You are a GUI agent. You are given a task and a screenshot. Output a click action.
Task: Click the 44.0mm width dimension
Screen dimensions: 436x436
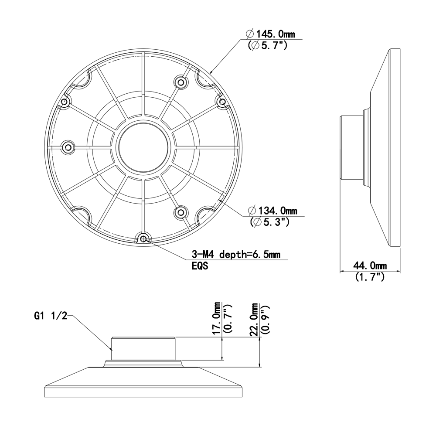tap(370, 266)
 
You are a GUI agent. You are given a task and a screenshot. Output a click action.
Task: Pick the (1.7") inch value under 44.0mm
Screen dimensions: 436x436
tap(370, 276)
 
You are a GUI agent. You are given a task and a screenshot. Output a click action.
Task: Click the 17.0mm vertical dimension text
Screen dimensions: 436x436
tap(216, 318)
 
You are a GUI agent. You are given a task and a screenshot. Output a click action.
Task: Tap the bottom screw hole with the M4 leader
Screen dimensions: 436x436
tap(143, 238)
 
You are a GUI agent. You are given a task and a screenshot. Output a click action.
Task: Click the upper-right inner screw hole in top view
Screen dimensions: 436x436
tap(181, 82)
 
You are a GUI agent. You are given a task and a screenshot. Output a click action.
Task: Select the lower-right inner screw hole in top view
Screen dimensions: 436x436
tap(180, 212)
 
